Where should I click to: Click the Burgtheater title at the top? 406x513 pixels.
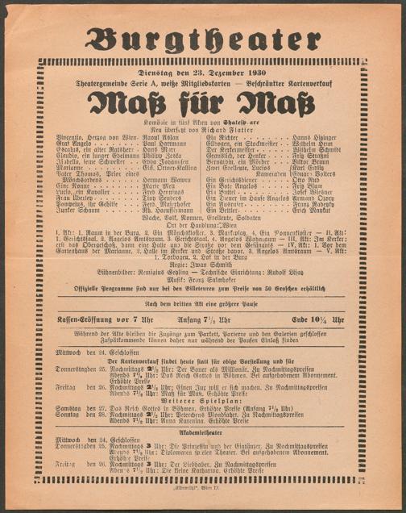coord(202,38)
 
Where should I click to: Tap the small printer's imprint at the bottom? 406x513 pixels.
coord(202,501)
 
